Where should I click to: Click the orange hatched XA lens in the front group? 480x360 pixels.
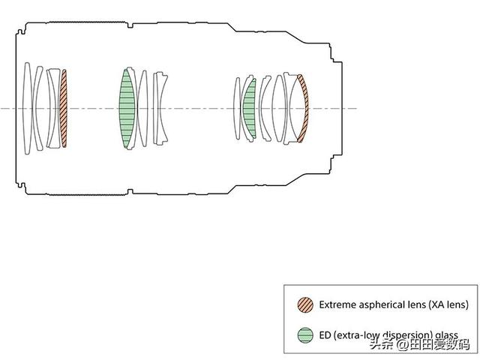click(x=64, y=108)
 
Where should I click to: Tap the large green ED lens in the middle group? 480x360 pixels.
click(x=127, y=108)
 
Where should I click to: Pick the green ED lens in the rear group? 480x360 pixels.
click(x=250, y=108)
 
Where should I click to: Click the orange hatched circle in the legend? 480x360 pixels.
click(x=305, y=304)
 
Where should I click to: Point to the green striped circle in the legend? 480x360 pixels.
click(x=305, y=335)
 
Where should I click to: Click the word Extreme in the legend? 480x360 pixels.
click(x=337, y=304)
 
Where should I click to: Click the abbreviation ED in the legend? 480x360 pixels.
click(x=325, y=335)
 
